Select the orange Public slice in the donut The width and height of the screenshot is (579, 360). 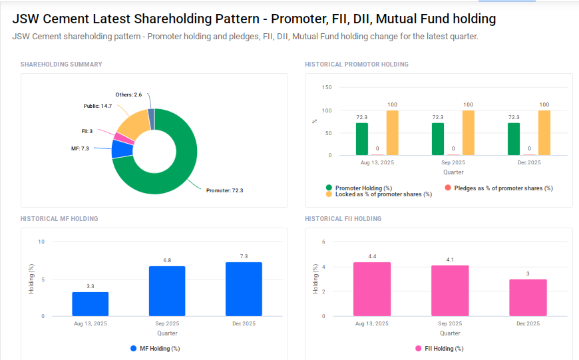pos(131,124)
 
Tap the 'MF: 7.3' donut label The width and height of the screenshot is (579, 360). pos(80,148)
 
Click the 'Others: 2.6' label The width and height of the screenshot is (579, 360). pos(128,94)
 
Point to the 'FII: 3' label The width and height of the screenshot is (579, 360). pos(87,131)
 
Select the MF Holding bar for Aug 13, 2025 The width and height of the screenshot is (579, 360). pos(91,304)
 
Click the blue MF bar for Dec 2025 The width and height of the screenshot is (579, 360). pos(244,289)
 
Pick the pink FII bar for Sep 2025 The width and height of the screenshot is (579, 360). pos(450,291)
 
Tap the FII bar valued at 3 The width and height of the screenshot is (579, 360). pos(528,297)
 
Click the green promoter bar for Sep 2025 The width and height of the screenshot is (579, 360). pos(438,139)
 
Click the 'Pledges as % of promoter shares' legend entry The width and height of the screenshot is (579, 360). pos(503,188)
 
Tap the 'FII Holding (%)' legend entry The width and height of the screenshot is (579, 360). pos(439,348)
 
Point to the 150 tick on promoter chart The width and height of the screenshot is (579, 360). pos(327,87)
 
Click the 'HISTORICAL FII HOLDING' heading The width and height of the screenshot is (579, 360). pos(343,219)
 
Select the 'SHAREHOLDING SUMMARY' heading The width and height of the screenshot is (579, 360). pos(61,65)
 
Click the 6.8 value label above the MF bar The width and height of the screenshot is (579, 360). pos(167,260)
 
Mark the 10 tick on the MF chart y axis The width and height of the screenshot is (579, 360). pos(41,242)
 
